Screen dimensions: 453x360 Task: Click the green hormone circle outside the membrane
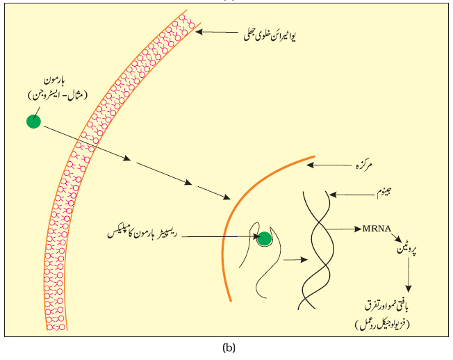click(x=33, y=121)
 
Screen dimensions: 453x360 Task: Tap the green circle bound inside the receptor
click(x=264, y=239)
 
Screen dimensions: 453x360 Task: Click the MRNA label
click(x=377, y=229)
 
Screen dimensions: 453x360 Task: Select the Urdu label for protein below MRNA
click(x=406, y=250)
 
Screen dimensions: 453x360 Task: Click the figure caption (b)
click(x=229, y=347)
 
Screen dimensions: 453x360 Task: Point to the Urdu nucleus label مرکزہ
click(x=364, y=165)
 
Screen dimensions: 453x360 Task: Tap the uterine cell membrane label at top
click(x=270, y=36)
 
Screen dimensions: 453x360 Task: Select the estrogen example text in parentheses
click(x=58, y=95)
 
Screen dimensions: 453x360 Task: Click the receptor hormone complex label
click(x=142, y=233)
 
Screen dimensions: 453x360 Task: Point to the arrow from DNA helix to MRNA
click(x=343, y=229)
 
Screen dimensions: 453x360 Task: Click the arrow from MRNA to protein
click(x=396, y=238)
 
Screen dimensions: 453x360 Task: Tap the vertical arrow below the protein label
click(x=409, y=275)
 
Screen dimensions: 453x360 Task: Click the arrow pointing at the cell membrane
click(x=216, y=32)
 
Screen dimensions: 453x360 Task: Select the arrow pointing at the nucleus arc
click(x=329, y=165)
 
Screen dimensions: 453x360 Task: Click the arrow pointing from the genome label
click(x=352, y=195)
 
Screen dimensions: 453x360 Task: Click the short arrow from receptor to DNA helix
click(x=295, y=259)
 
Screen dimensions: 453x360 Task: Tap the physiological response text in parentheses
click(x=382, y=325)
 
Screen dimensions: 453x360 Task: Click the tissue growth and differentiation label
click(x=386, y=307)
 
